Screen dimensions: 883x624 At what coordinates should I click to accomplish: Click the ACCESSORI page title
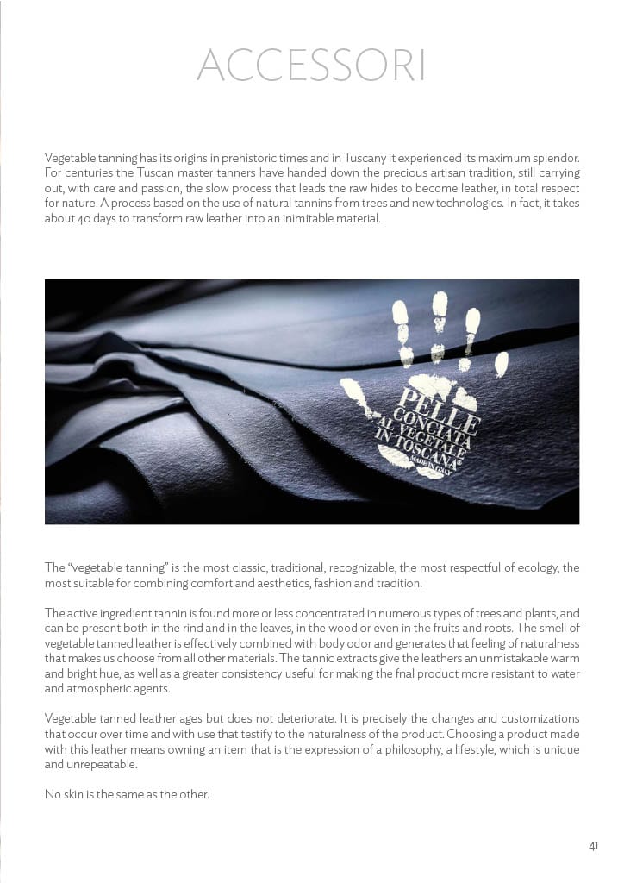click(311, 66)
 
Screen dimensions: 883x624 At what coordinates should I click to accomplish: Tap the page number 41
click(593, 846)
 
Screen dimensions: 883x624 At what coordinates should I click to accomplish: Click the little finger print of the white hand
click(501, 363)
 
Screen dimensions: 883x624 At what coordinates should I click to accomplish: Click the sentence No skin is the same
click(127, 794)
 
